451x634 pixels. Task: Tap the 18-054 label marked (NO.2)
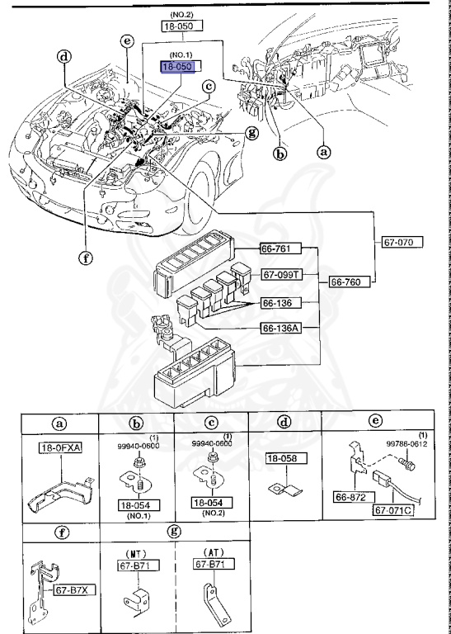pyautogui.click(x=213, y=502)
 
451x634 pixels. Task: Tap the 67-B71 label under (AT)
pyautogui.click(x=212, y=565)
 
